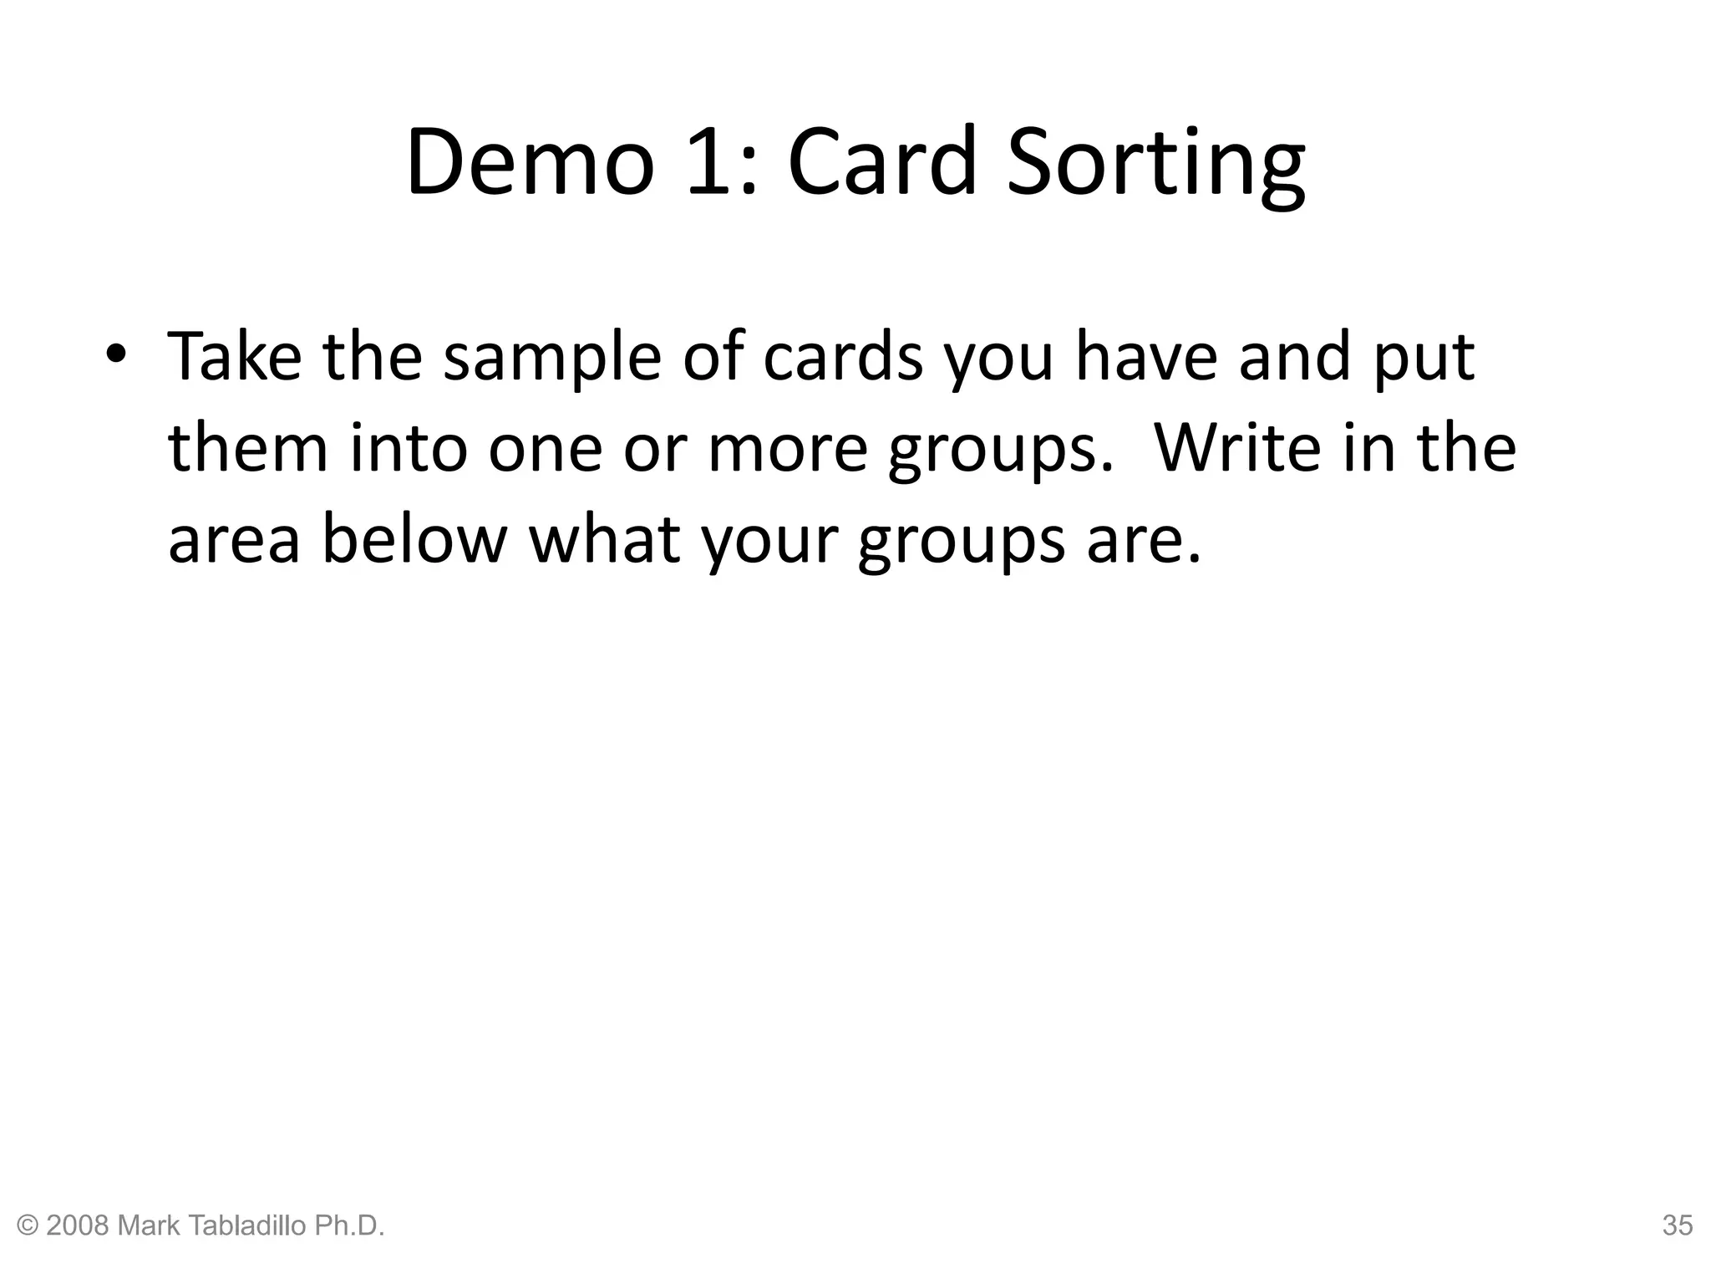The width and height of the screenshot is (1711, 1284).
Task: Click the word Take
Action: tap(235, 356)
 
